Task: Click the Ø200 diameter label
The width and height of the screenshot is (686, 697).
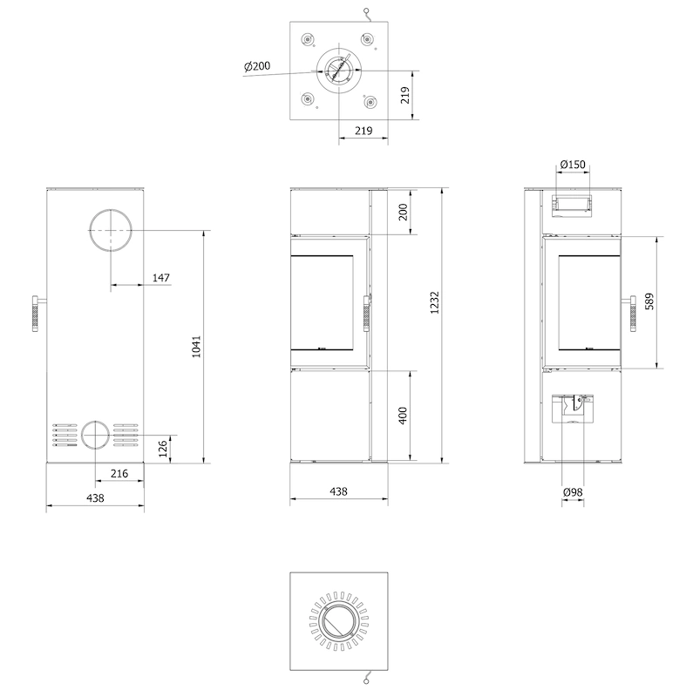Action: coord(257,66)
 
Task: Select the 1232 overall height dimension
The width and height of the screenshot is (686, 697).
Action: coord(434,302)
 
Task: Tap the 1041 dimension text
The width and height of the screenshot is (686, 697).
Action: coord(196,347)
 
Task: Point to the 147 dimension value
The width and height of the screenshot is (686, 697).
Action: coord(161,278)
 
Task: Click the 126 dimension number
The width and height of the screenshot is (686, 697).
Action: coord(163,449)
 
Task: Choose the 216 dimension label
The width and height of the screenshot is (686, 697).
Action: coord(119,473)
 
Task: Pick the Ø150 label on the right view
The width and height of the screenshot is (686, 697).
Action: coord(573,165)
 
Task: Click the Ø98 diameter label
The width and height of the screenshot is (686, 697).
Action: coord(573,492)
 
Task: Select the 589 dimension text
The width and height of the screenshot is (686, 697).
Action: coord(649,301)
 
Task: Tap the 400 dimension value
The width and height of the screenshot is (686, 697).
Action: coord(403,416)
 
